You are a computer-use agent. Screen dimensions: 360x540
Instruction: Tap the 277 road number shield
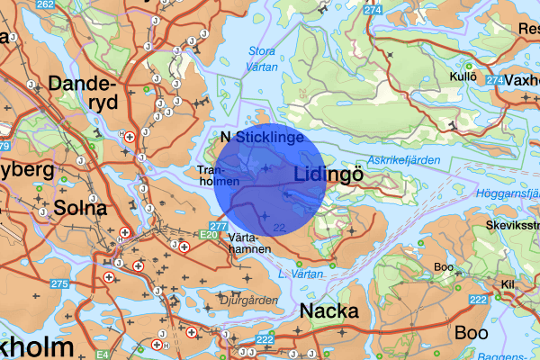click(218, 226)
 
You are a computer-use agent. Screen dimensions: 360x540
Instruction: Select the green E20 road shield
click(210, 234)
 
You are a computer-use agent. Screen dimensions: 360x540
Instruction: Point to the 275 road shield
click(59, 284)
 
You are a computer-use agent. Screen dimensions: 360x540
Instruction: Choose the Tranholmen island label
click(217, 175)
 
